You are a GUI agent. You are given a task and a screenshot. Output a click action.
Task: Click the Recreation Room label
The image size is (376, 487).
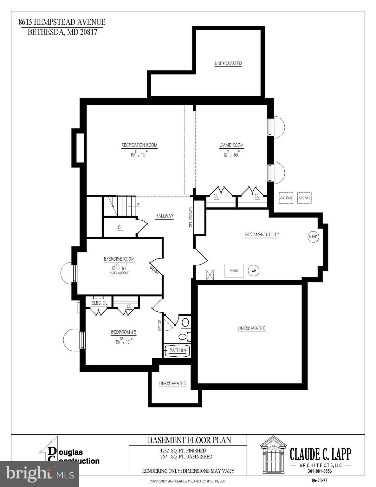click(139, 145)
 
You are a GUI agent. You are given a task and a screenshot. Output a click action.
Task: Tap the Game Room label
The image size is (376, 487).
click(231, 145)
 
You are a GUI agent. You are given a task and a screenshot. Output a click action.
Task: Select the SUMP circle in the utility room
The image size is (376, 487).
click(313, 237)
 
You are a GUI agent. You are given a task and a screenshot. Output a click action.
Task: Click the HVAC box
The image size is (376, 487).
click(234, 270)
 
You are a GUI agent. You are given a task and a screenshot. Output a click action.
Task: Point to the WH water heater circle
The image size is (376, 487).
click(254, 271)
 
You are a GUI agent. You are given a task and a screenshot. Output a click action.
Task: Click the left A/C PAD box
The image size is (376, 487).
click(286, 198)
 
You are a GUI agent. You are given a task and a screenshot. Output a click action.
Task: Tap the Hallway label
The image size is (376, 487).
click(165, 216)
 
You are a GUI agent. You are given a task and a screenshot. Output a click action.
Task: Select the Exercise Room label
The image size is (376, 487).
click(119, 259)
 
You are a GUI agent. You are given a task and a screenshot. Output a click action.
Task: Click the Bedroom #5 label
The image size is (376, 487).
click(123, 332)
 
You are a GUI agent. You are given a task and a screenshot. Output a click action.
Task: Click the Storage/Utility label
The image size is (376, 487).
click(262, 235)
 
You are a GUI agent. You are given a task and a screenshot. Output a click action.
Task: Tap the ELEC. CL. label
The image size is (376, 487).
click(100, 303)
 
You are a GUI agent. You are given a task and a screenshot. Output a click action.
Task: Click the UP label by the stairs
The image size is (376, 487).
click(139, 205)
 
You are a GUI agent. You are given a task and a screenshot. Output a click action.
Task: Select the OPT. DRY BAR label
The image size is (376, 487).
click(191, 218)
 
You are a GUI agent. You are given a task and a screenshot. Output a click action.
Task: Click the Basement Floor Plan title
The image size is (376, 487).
click(189, 440)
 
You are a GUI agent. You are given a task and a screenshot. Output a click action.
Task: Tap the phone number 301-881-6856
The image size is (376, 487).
click(320, 471)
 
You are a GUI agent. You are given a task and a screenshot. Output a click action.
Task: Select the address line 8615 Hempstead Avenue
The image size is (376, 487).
click(62, 22)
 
